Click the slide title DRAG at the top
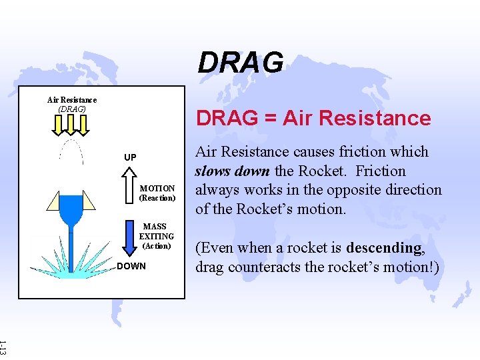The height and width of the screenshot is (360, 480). coord(240,63)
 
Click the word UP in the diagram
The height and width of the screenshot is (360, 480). coord(130,157)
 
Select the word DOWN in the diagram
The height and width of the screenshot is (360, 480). coord(131,267)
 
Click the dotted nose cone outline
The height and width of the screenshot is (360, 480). coord(71,151)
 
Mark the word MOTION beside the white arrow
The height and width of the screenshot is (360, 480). coord(157,189)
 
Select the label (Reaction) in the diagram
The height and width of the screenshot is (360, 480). coord(157,198)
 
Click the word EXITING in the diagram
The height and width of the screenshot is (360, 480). coord(157,236)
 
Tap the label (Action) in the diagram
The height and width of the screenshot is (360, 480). coord(157,245)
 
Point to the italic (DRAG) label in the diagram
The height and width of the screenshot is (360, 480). coord(72,109)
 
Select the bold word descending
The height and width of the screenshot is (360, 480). coord(383,248)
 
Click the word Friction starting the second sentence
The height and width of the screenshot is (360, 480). coord(380,171)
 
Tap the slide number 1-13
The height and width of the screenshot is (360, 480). coord(4,347)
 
